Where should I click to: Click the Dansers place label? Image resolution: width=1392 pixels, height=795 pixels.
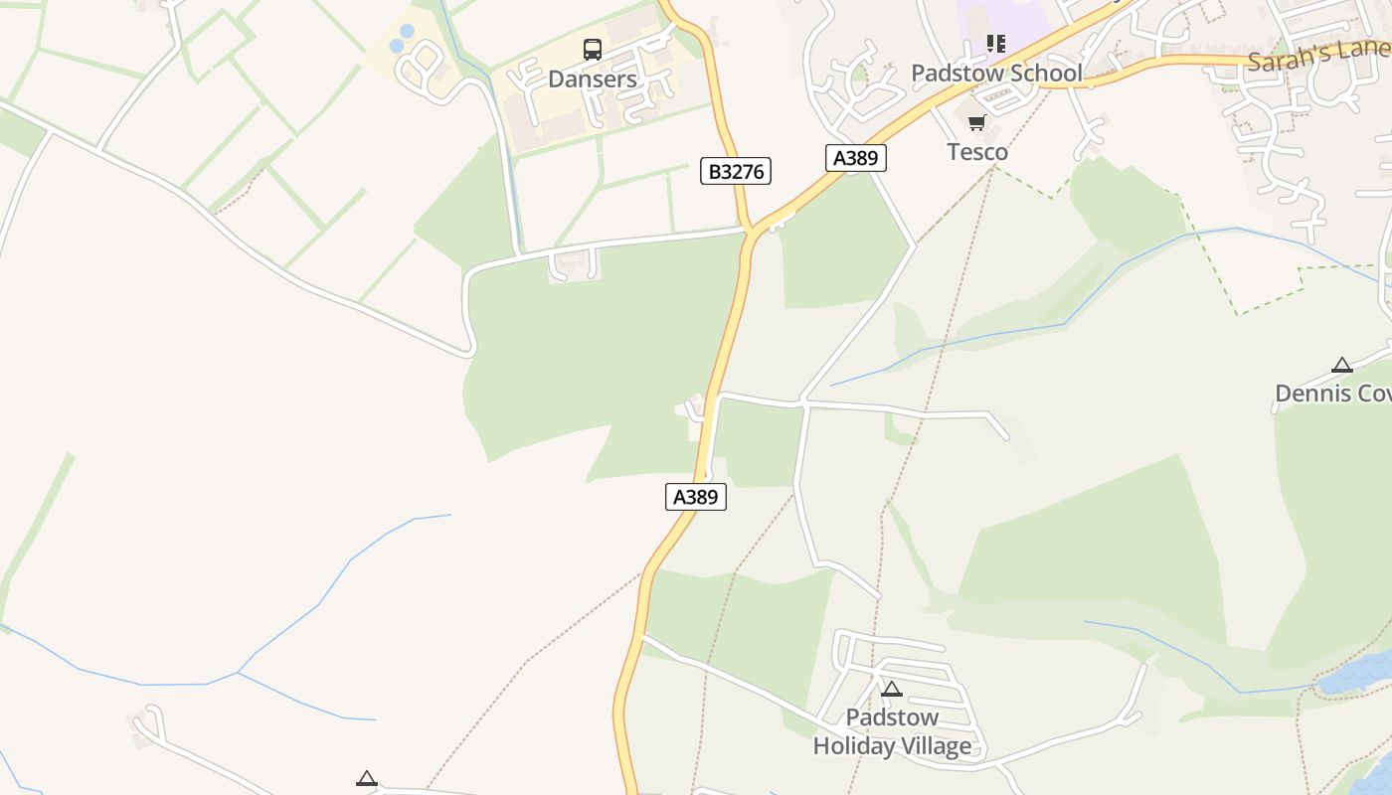tap(593, 79)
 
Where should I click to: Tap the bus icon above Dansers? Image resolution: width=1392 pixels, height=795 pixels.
tap(593, 49)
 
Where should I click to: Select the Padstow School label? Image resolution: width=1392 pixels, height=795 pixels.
tap(996, 73)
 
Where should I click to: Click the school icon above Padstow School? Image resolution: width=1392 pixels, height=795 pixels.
tap(996, 43)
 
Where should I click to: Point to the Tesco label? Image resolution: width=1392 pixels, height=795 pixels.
tap(977, 152)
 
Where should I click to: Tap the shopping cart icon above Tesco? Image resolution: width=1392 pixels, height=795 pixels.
tap(976, 123)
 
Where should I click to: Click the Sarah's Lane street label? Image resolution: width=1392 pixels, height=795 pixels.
tap(1318, 55)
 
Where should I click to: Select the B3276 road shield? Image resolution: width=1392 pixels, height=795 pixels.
tap(736, 171)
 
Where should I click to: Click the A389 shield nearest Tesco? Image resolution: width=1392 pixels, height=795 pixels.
tap(855, 157)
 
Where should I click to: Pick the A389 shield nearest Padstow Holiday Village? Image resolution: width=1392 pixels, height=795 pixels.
tap(696, 497)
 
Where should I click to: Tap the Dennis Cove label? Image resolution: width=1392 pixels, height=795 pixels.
tap(1333, 394)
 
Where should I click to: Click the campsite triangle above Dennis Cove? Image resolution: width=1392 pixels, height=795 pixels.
tap(1342, 365)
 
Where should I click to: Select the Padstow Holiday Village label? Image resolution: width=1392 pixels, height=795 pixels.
tap(892, 731)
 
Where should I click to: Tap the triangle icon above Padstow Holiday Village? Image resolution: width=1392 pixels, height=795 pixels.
tap(892, 689)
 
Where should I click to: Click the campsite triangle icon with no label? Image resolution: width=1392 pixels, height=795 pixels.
tap(367, 778)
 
